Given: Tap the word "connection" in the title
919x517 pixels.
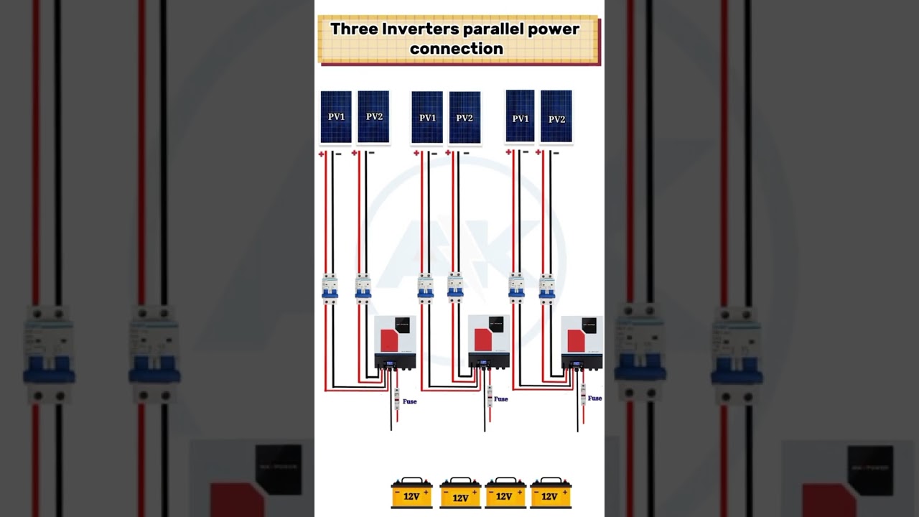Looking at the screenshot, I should [457, 49].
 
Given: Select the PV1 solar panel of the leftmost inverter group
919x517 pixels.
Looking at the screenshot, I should [336, 116].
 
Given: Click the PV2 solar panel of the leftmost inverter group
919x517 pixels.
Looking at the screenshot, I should [373, 116].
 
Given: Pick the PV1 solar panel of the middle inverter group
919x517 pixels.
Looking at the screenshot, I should [427, 117].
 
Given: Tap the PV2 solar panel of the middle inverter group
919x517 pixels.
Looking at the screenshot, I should [465, 117].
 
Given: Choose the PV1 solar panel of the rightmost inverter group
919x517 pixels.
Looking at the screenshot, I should [520, 116].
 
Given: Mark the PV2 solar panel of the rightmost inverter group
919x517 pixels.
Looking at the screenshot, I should [556, 117].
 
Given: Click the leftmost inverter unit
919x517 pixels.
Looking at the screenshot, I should [395, 342].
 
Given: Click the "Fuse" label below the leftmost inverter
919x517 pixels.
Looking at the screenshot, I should [409, 401].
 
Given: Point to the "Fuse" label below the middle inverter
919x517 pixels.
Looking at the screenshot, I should [501, 399].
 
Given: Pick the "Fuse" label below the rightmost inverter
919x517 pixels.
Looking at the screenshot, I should [594, 398].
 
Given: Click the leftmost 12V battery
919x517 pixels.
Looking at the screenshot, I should [411, 493].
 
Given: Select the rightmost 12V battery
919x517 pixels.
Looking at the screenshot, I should [551, 493].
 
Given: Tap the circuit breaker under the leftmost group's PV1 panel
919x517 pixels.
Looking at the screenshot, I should [330, 287].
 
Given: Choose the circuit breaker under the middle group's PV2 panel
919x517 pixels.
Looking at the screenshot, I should [455, 287].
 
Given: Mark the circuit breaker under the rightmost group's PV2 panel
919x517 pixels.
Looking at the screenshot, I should [547, 287].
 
